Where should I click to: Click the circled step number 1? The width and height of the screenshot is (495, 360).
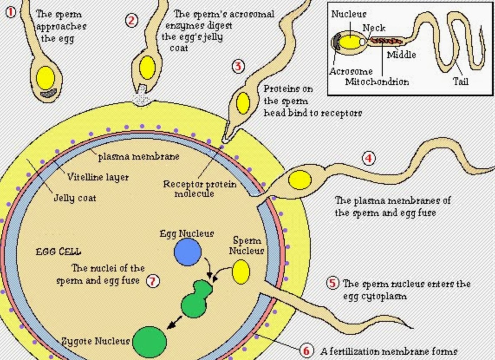(11, 12)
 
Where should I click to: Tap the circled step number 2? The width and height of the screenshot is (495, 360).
(132, 20)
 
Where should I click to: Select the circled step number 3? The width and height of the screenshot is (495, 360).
(238, 66)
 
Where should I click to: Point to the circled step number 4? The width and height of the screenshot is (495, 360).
(368, 158)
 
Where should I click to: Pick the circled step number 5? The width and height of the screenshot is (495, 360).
(332, 284)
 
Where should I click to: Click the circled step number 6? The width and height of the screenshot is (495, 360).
(306, 350)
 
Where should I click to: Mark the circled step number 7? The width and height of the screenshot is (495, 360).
(153, 281)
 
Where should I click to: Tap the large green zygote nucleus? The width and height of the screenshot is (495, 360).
(150, 342)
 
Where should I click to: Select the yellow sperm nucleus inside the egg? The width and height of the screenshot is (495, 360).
(241, 272)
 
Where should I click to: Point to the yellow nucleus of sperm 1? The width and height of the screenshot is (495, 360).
(46, 78)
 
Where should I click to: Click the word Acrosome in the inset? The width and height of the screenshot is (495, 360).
(351, 72)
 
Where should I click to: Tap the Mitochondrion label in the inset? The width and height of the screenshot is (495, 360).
(377, 82)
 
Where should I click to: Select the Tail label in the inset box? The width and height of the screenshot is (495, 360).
(460, 81)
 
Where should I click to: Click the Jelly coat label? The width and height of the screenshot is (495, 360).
(75, 198)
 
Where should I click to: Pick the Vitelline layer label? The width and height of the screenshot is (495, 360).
(98, 177)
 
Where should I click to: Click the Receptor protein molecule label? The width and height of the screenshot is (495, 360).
(200, 189)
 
